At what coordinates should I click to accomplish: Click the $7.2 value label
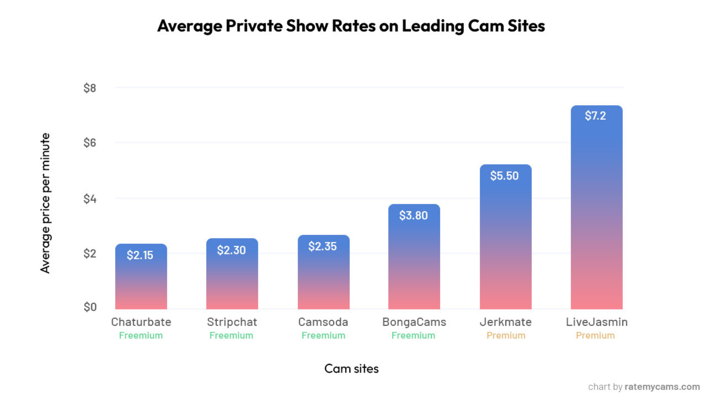point(595,116)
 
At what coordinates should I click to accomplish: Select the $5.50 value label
point(504,176)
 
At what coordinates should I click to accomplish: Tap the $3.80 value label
point(413,215)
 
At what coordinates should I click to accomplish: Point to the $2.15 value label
point(140,255)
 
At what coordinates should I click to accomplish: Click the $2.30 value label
point(231,250)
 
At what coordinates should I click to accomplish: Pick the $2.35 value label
point(322,246)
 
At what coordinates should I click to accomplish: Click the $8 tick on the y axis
point(90,88)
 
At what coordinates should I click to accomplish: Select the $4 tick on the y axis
point(90,199)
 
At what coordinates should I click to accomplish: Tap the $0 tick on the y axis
point(90,307)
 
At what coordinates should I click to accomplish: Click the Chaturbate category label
point(141,322)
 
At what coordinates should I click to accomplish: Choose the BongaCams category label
point(414,322)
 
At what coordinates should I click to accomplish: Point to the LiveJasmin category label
point(596,322)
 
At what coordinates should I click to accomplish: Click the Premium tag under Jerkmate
point(506,335)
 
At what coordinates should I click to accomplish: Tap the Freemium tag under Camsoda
point(323,335)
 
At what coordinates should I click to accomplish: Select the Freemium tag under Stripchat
point(231,335)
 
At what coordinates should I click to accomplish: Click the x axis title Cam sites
point(351,368)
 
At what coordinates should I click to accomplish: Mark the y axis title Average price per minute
point(45,203)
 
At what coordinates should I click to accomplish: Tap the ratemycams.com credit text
point(662,386)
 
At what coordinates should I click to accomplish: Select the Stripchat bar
point(232,282)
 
